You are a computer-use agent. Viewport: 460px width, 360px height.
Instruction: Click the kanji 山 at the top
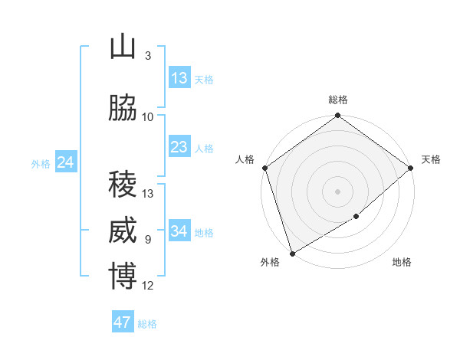pyautogui.click(x=123, y=47)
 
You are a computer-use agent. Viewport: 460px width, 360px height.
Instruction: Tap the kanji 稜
pyautogui.click(x=123, y=185)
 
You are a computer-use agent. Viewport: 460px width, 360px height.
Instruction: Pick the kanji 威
pyautogui.click(x=123, y=231)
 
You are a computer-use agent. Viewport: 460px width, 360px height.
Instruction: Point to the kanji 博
pyautogui.click(x=123, y=277)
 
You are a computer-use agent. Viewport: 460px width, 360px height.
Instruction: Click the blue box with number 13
pyautogui.click(x=179, y=78)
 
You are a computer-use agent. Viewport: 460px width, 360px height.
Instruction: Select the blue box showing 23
pyautogui.click(x=179, y=147)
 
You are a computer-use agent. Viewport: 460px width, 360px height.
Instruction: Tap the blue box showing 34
pyautogui.click(x=179, y=231)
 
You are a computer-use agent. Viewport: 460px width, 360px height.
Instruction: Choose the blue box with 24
pyautogui.click(x=66, y=162)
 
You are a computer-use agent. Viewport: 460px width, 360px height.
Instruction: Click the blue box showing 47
pyautogui.click(x=123, y=322)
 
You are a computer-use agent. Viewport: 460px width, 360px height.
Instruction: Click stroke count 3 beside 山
pyautogui.click(x=147, y=56)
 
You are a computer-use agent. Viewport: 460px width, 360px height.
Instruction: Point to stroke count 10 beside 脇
pyautogui.click(x=148, y=117)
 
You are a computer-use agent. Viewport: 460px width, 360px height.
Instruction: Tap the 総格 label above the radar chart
pyautogui.click(x=338, y=100)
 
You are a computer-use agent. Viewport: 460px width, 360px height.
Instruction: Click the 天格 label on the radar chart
pyautogui.click(x=431, y=159)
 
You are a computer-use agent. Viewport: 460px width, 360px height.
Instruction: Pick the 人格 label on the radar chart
pyautogui.click(x=245, y=159)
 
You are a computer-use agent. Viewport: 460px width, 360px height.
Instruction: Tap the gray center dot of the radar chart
pyautogui.click(x=338, y=191)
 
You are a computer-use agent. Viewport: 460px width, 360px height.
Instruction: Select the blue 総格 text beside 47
pyautogui.click(x=147, y=324)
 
